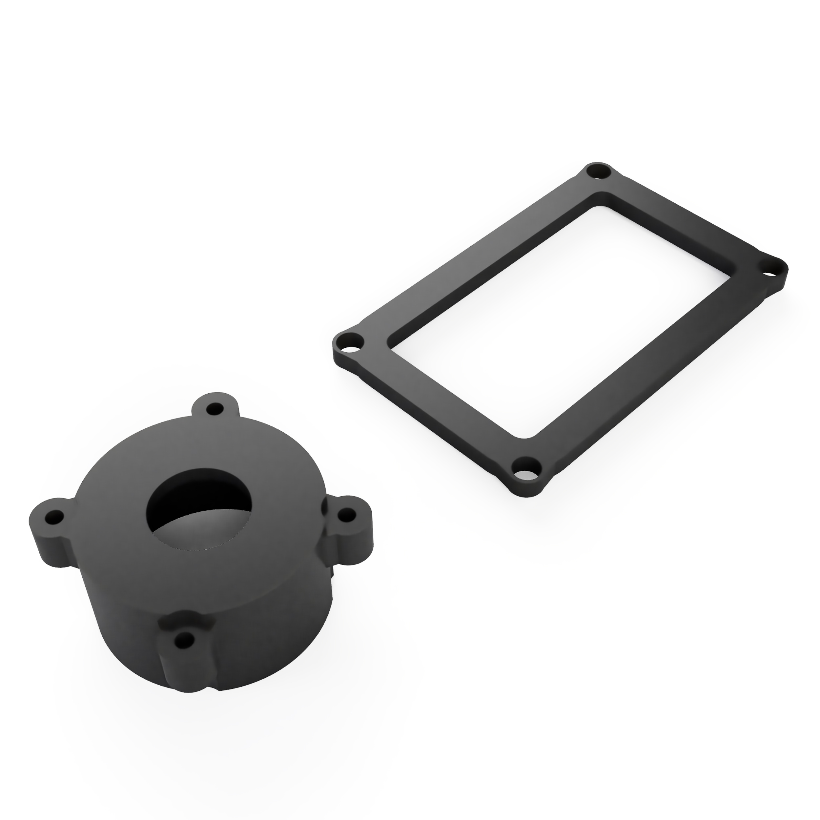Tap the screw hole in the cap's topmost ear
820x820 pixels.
(x=215, y=410)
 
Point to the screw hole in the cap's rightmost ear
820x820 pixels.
(x=348, y=515)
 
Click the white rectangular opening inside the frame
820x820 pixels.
(x=560, y=318)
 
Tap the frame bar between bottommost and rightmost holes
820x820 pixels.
(x=654, y=369)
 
